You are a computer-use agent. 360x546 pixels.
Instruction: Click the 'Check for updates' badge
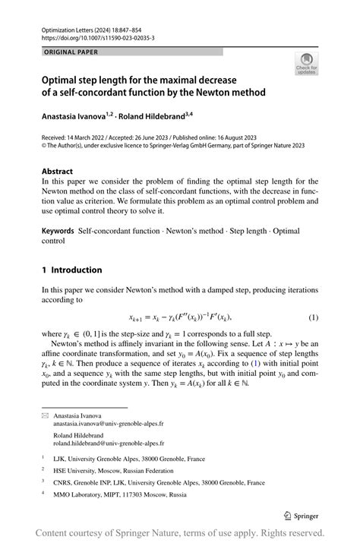coord(307,64)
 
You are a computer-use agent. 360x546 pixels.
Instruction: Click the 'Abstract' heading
coord(58,172)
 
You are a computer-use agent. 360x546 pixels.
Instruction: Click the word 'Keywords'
coord(58,231)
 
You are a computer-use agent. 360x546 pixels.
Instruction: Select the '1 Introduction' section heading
coord(71,270)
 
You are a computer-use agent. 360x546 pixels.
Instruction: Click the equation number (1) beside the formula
coord(313,317)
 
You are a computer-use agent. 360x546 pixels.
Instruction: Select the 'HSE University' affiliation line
coord(108,471)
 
